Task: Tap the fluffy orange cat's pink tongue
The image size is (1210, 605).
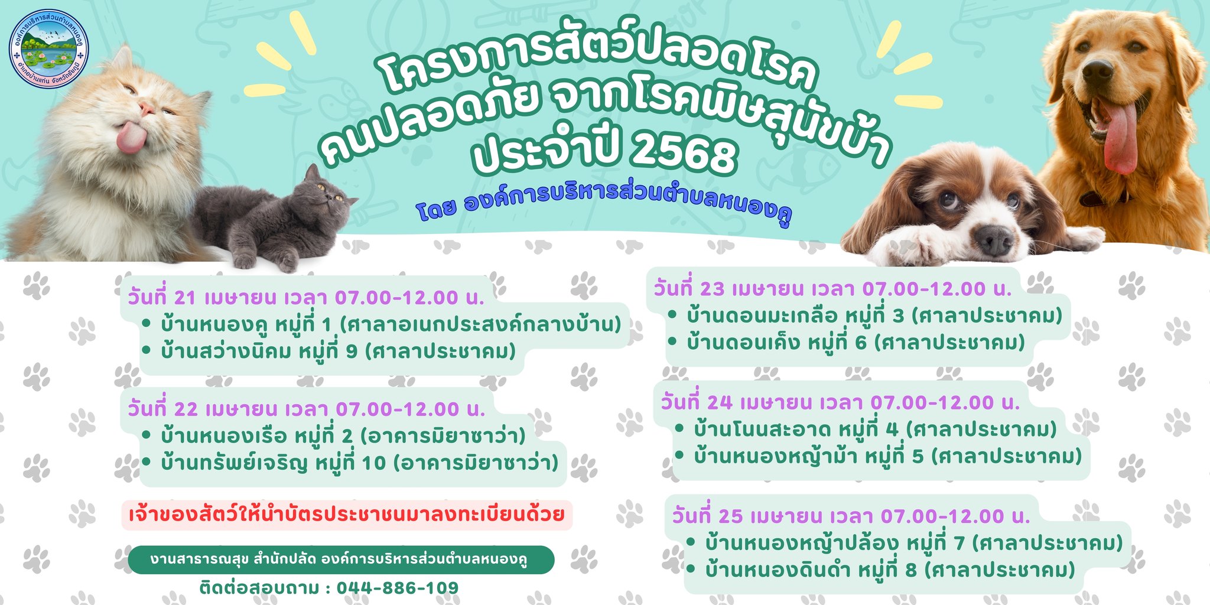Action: click(131, 137)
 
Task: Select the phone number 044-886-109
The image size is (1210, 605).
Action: click(398, 588)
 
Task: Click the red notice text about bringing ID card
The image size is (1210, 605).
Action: click(347, 515)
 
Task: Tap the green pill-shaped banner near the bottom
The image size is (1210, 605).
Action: click(341, 560)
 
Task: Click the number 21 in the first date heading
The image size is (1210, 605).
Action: click(185, 298)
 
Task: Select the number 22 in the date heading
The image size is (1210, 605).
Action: click(186, 409)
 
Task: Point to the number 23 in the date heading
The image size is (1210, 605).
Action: click(712, 289)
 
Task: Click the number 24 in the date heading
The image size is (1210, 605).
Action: click(720, 402)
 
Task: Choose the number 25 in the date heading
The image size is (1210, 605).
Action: click(731, 516)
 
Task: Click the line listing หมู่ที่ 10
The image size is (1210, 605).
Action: click(350, 463)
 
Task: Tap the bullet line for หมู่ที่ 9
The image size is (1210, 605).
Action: click(329, 351)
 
